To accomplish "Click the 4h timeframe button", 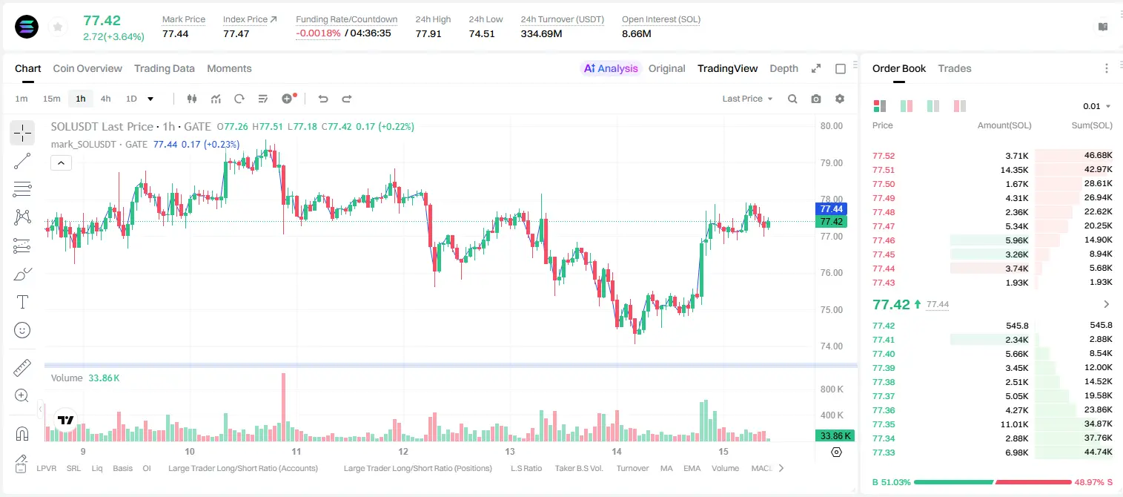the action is (x=105, y=99).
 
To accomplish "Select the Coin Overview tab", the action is (x=87, y=68).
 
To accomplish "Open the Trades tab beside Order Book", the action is (x=954, y=68).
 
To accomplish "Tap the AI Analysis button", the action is (x=611, y=68).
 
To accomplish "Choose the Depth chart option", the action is (x=784, y=68).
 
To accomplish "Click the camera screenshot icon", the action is (x=815, y=99).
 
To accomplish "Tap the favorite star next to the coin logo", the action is (x=58, y=27).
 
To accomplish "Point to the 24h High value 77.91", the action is (x=428, y=33).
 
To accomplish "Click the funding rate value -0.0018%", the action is (x=318, y=33).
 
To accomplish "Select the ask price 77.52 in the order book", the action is (x=884, y=156).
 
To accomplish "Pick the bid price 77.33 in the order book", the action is (x=884, y=452).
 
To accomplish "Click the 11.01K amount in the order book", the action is (x=1014, y=424).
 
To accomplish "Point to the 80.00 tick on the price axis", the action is (x=831, y=126).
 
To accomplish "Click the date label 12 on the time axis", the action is (x=403, y=451).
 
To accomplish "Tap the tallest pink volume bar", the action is (x=283, y=407).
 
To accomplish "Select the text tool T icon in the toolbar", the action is (x=22, y=302).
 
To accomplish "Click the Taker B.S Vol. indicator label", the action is (x=578, y=468).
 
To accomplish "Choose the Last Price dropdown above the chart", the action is (x=747, y=99).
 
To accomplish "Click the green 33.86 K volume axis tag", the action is (x=835, y=436).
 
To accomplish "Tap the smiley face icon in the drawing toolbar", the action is (x=22, y=330).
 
